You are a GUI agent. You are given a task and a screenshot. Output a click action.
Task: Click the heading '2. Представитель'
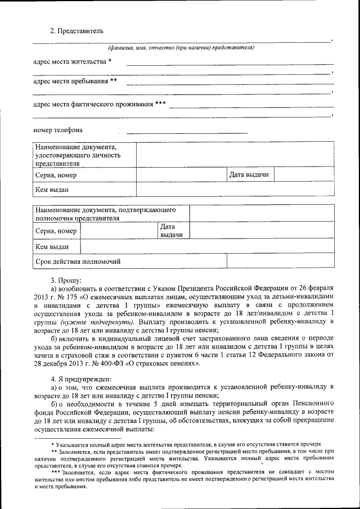(76, 30)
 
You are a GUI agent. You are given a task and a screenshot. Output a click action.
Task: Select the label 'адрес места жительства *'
(73, 61)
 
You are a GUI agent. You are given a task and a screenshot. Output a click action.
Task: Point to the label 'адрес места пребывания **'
(75, 81)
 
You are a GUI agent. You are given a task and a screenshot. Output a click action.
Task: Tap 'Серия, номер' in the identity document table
(56, 175)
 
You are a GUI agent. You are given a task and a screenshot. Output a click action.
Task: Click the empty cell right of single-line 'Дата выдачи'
(304, 175)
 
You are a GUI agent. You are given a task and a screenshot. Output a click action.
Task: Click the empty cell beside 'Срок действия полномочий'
(281, 262)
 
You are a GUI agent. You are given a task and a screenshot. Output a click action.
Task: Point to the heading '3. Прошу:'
(66, 280)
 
